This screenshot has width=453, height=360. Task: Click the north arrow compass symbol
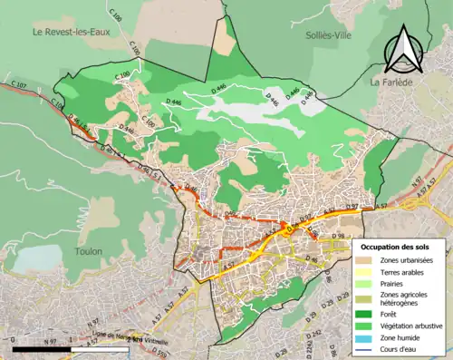[400, 50]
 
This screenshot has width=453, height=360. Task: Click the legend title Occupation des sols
[400, 247]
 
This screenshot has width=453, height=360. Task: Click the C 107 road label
[19, 85]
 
